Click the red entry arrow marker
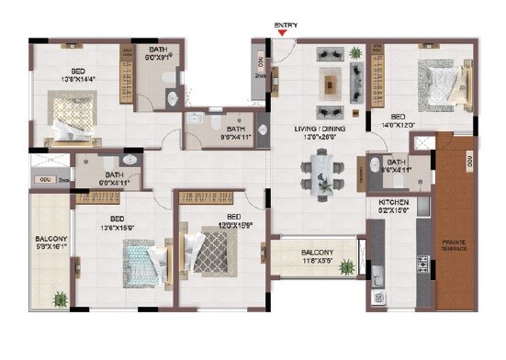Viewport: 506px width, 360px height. tap(282, 35)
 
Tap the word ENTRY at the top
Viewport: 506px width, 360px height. tap(282, 25)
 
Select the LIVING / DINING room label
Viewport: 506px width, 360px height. tap(319, 129)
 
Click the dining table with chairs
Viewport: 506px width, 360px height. tap(322, 173)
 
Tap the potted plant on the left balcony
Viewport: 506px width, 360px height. tap(61, 298)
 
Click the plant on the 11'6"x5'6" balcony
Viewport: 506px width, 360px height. tap(347, 267)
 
